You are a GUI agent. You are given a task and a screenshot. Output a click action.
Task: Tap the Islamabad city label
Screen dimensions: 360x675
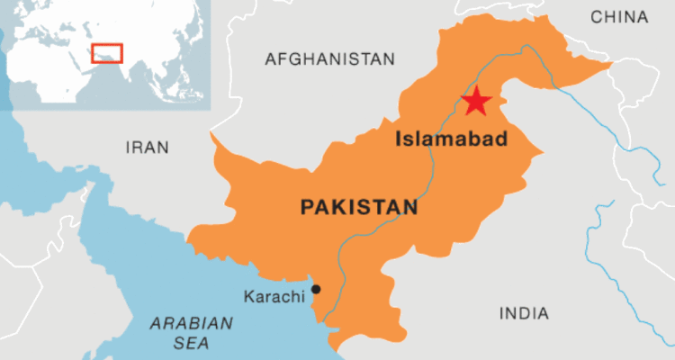tap(452, 139)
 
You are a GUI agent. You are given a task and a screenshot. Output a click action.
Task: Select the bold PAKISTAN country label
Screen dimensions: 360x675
tap(359, 208)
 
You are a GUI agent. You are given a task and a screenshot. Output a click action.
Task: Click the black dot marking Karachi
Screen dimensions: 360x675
tap(316, 290)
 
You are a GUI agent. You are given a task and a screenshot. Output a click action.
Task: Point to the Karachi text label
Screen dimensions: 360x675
tap(274, 296)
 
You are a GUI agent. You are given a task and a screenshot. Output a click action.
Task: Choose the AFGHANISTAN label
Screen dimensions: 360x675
tap(329, 59)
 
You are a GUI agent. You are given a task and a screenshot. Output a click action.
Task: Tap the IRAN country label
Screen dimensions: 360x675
tap(147, 147)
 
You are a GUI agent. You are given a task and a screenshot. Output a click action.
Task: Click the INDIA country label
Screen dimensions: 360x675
tap(523, 313)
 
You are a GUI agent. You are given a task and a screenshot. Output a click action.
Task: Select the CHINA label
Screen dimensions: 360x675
tap(619, 16)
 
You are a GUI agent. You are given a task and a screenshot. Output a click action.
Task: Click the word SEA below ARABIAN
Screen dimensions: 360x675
tap(191, 343)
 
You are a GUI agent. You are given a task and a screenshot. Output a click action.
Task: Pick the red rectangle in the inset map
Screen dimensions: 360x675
tap(108, 52)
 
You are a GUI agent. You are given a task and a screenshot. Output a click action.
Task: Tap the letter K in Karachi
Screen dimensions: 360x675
tap(248, 296)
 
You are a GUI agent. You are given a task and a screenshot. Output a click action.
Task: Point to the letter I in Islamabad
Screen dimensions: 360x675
tap(399, 139)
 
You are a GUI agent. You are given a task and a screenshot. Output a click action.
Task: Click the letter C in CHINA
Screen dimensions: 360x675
tap(596, 16)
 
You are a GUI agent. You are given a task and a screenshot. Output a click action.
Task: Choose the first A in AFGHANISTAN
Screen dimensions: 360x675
tap(270, 59)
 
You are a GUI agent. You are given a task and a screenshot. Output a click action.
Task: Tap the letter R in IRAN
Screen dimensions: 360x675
tap(136, 147)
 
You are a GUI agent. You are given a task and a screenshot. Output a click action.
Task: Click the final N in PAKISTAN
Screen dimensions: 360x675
tap(410, 208)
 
